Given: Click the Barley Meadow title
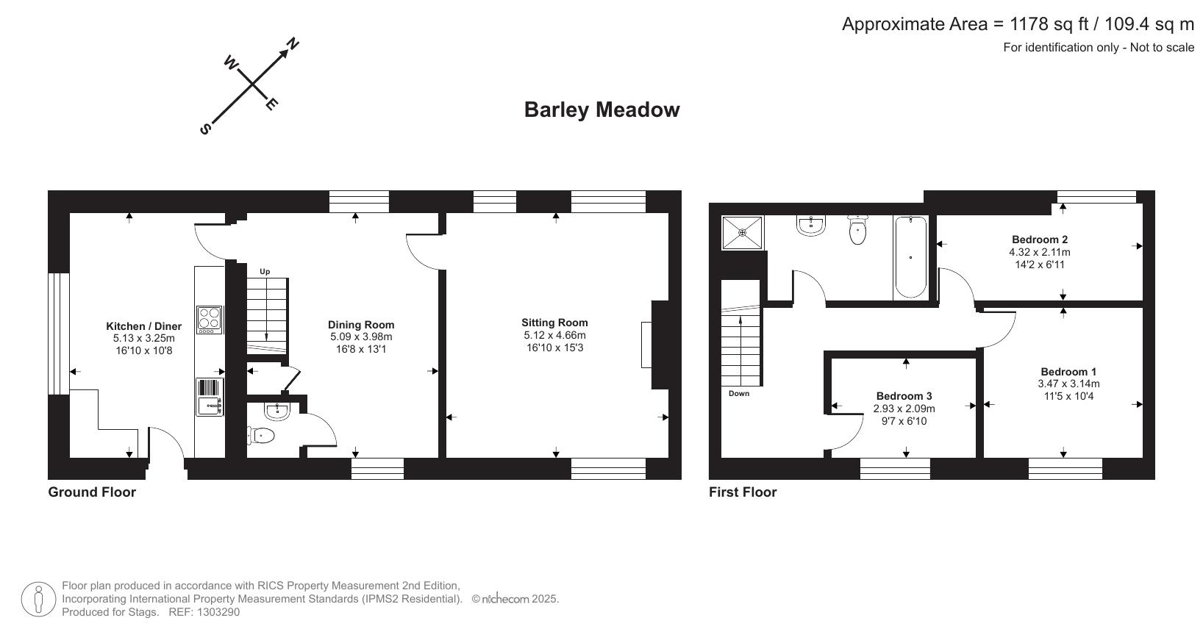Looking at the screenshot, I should [x=601, y=110].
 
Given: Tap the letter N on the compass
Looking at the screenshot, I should [x=292, y=44].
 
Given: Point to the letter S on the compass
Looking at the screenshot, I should [x=206, y=129].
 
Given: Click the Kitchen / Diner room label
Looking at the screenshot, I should [x=143, y=326].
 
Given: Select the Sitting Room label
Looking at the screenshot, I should [x=554, y=323].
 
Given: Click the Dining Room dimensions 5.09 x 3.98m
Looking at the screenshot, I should [x=361, y=337].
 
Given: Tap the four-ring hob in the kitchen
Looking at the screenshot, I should [x=210, y=320].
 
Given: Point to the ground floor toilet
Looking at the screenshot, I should [x=261, y=436].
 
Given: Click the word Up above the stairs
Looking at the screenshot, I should [x=265, y=272].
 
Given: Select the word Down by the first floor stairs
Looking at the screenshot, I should [x=739, y=394].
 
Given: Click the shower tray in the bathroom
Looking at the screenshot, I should [x=743, y=232].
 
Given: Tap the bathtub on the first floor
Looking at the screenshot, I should [x=910, y=257].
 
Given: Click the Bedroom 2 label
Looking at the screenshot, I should [x=1039, y=240].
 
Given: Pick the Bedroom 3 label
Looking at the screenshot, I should [x=904, y=396].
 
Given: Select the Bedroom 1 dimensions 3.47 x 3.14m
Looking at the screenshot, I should [x=1068, y=384].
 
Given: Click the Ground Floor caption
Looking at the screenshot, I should [x=92, y=492].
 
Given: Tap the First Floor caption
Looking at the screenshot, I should [x=743, y=492].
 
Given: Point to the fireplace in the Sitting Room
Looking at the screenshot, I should [x=646, y=345].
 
